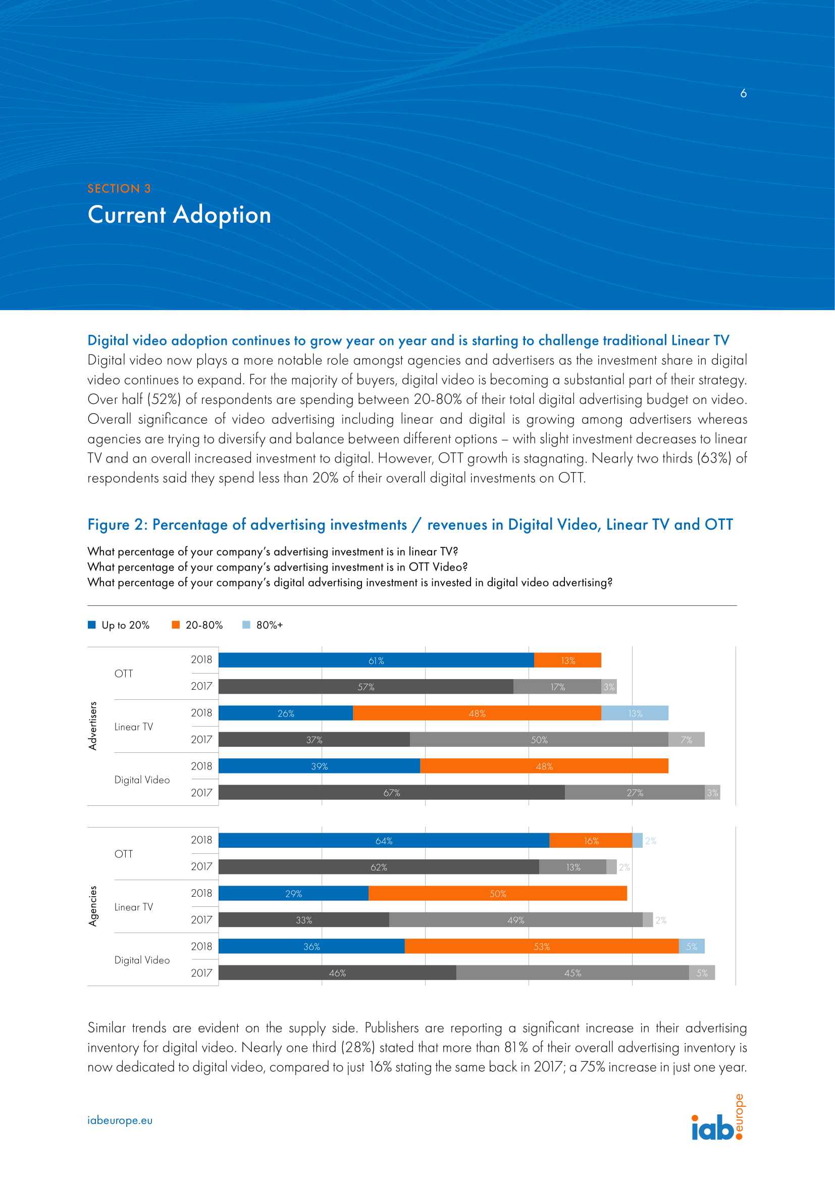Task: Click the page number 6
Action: [743, 93]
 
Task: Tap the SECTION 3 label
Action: [119, 188]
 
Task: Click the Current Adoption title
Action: [179, 215]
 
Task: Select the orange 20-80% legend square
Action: [176, 625]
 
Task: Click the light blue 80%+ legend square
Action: [246, 625]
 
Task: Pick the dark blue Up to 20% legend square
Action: [92, 625]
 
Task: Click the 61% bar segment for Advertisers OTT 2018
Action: [376, 660]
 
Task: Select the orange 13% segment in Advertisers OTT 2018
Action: [567, 660]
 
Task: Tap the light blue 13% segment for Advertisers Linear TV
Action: [635, 713]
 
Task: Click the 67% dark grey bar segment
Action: [391, 792]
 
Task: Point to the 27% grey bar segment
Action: [635, 792]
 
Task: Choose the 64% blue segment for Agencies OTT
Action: [384, 841]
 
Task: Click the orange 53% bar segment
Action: [541, 946]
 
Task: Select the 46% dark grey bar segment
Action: [337, 972]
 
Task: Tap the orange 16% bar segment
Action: [590, 841]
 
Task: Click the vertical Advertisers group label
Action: [93, 725]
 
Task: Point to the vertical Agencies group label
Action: [93, 906]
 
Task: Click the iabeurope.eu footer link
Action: [120, 1120]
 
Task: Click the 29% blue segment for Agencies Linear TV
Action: [293, 894]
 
